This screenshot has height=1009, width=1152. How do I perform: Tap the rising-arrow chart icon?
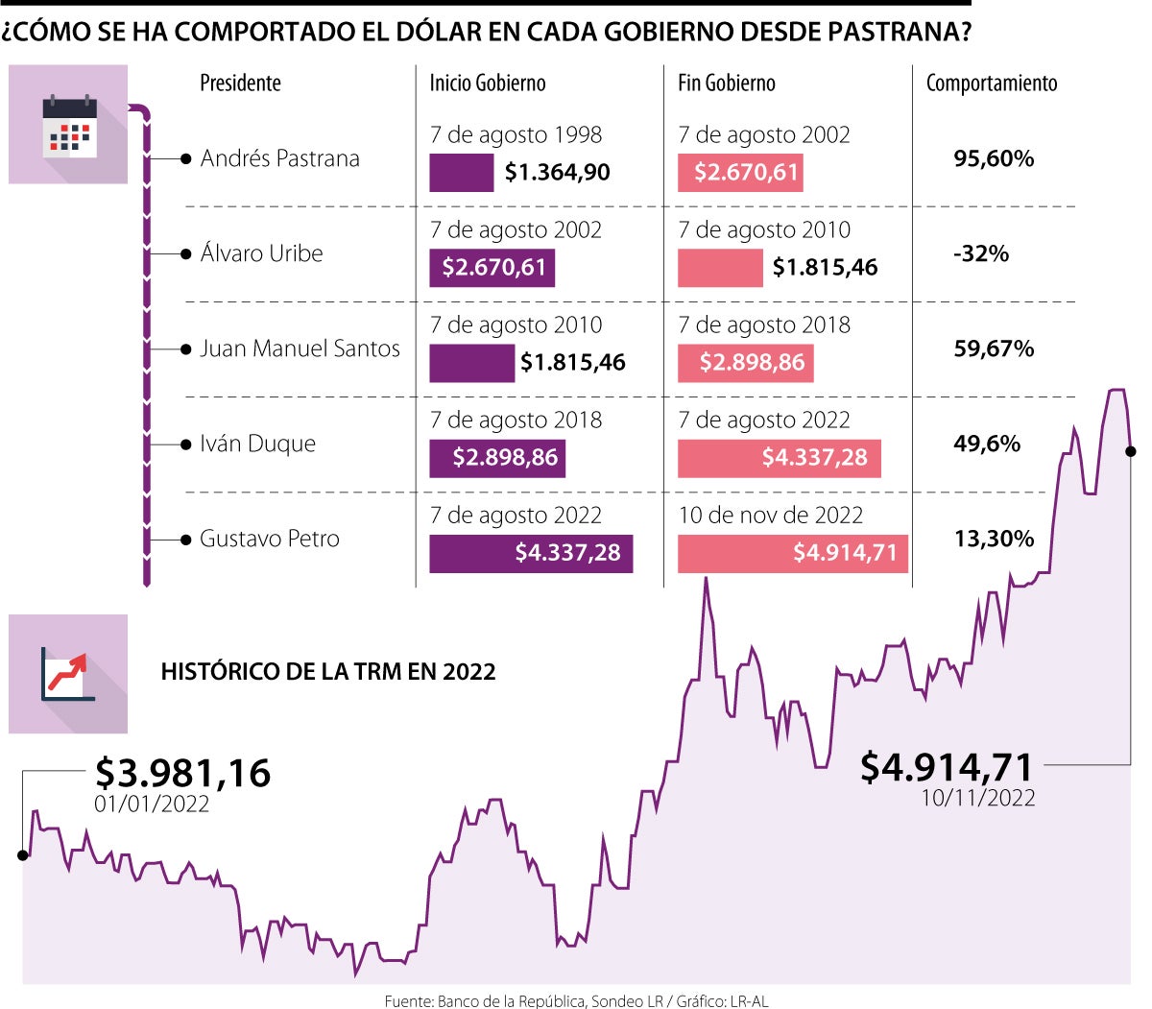[67, 673]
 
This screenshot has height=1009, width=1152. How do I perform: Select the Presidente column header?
[240, 84]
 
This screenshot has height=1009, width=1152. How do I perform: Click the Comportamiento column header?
[992, 84]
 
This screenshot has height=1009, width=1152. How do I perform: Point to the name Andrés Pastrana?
[279, 158]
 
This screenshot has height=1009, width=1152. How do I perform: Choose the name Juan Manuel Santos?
[300, 348]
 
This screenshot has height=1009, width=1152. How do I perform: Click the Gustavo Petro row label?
[270, 539]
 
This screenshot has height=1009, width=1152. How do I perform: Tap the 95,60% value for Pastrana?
[994, 158]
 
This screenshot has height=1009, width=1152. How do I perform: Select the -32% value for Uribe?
[980, 253]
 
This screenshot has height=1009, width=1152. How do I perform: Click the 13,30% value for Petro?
[994, 539]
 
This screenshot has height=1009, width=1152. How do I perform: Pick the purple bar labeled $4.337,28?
[531, 553]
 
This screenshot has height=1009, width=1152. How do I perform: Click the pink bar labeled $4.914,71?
[792, 553]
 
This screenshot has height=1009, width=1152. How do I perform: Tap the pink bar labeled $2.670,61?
[740, 173]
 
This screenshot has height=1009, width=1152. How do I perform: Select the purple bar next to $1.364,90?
[461, 173]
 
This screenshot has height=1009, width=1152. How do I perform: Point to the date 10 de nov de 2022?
[771, 516]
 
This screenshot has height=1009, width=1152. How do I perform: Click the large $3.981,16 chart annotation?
[182, 773]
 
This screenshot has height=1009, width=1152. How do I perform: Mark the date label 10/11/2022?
[978, 798]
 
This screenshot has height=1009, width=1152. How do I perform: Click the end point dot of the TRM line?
[1130, 451]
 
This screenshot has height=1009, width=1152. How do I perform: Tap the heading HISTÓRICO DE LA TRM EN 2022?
[328, 672]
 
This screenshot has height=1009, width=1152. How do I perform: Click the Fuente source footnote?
[576, 1000]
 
